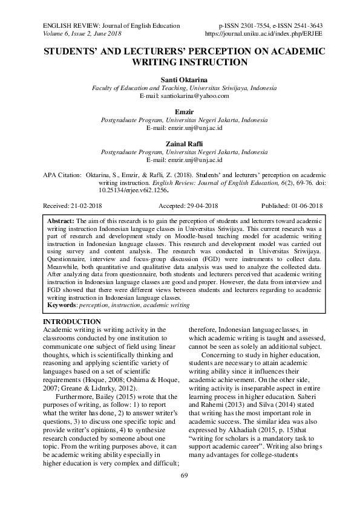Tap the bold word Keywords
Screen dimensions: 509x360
(x=64, y=305)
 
